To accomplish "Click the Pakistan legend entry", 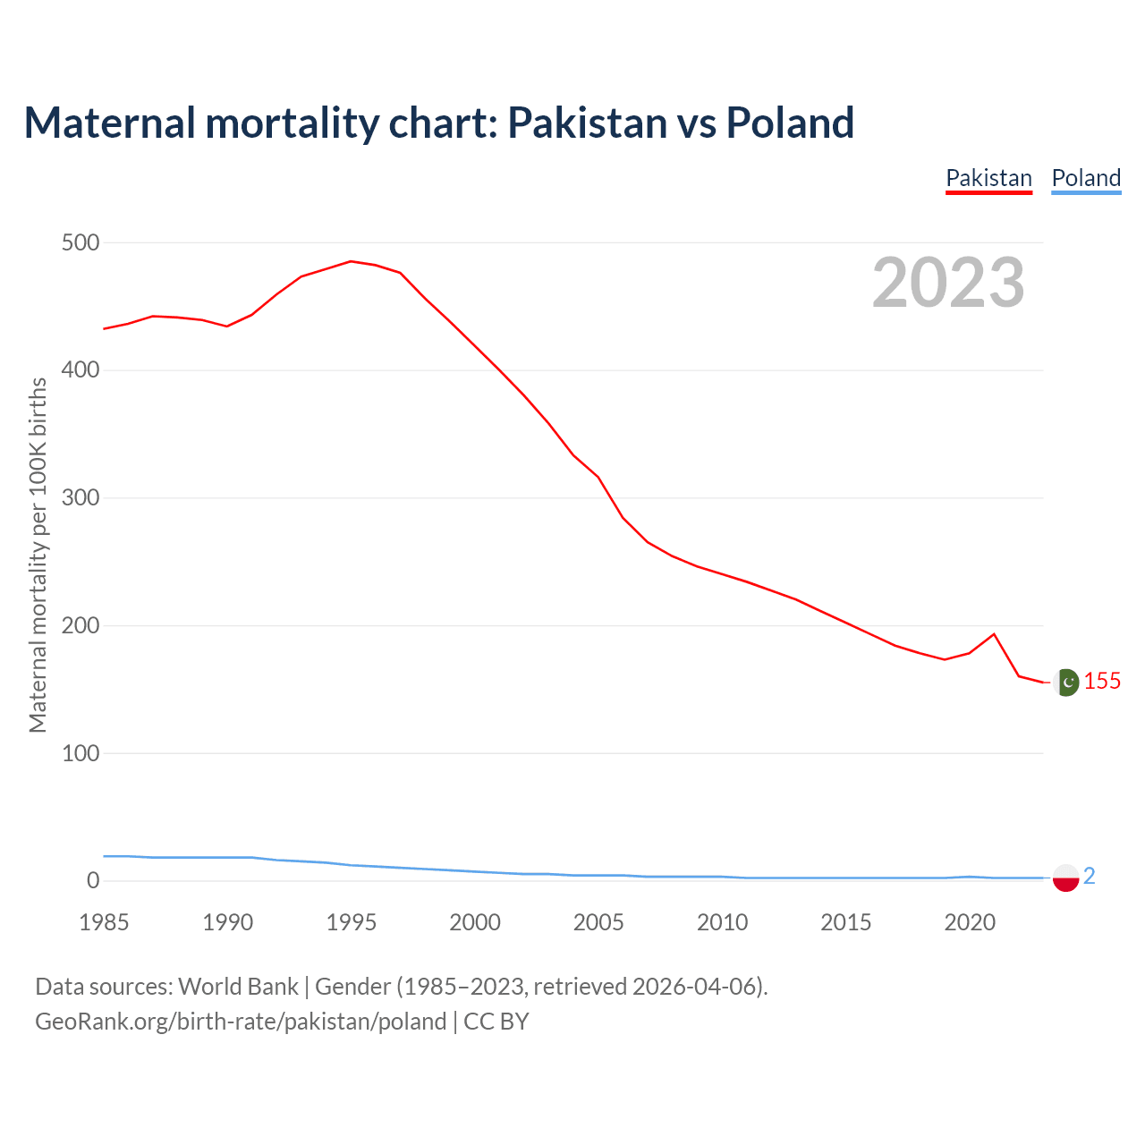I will pyautogui.click(x=988, y=178).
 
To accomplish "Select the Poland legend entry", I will pyautogui.click(x=1086, y=178).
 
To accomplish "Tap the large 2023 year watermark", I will pyautogui.click(x=948, y=283).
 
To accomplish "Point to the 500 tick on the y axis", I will pyautogui.click(x=81, y=242).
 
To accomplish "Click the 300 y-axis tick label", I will pyautogui.click(x=81, y=497).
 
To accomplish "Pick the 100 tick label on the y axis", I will pyautogui.click(x=81, y=753).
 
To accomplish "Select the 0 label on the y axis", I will pyautogui.click(x=93, y=880).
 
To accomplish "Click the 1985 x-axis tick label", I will pyautogui.click(x=104, y=922).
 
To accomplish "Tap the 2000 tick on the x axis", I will pyautogui.click(x=475, y=922).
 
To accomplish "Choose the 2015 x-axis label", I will pyautogui.click(x=845, y=922).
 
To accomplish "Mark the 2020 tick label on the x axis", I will pyautogui.click(x=970, y=922).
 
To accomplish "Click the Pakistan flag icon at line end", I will pyautogui.click(x=1065, y=683).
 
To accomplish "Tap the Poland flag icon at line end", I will pyautogui.click(x=1065, y=878).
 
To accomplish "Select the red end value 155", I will pyautogui.click(x=1102, y=682).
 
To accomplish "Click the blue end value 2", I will pyautogui.click(x=1090, y=877).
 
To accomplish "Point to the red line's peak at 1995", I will pyautogui.click(x=351, y=261).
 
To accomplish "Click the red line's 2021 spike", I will pyautogui.click(x=994, y=634).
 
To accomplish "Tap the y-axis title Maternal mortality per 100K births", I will pyautogui.click(x=38, y=555).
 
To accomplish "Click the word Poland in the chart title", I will pyautogui.click(x=790, y=123).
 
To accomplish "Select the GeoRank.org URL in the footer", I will pyautogui.click(x=241, y=1022).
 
